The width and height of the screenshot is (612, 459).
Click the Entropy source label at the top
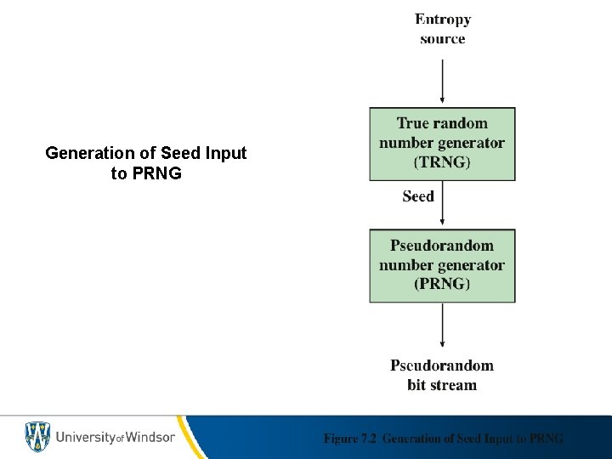click(x=442, y=29)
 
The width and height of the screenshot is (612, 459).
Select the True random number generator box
click(x=442, y=143)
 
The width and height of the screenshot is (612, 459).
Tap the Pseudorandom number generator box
click(x=442, y=265)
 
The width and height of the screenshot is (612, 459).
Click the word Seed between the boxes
click(x=418, y=196)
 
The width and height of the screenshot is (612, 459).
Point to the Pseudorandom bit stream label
click(x=442, y=375)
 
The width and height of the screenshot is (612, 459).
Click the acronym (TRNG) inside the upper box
click(x=442, y=162)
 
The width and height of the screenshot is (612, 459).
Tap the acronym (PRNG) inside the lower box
click(x=442, y=284)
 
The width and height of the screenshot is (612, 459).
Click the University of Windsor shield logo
click(x=37, y=437)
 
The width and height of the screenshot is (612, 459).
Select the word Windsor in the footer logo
click(x=150, y=437)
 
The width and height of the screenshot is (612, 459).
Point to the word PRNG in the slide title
click(x=158, y=174)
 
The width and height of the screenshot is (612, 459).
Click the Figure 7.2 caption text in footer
click(x=443, y=439)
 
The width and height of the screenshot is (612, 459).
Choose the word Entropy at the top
click(x=443, y=20)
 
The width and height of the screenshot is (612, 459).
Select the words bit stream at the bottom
click(x=442, y=385)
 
